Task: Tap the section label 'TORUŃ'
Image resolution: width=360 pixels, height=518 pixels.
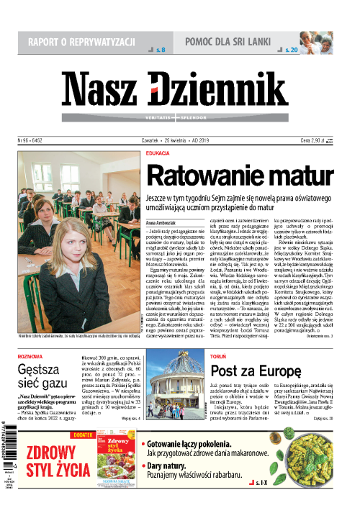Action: tap(218, 354)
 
